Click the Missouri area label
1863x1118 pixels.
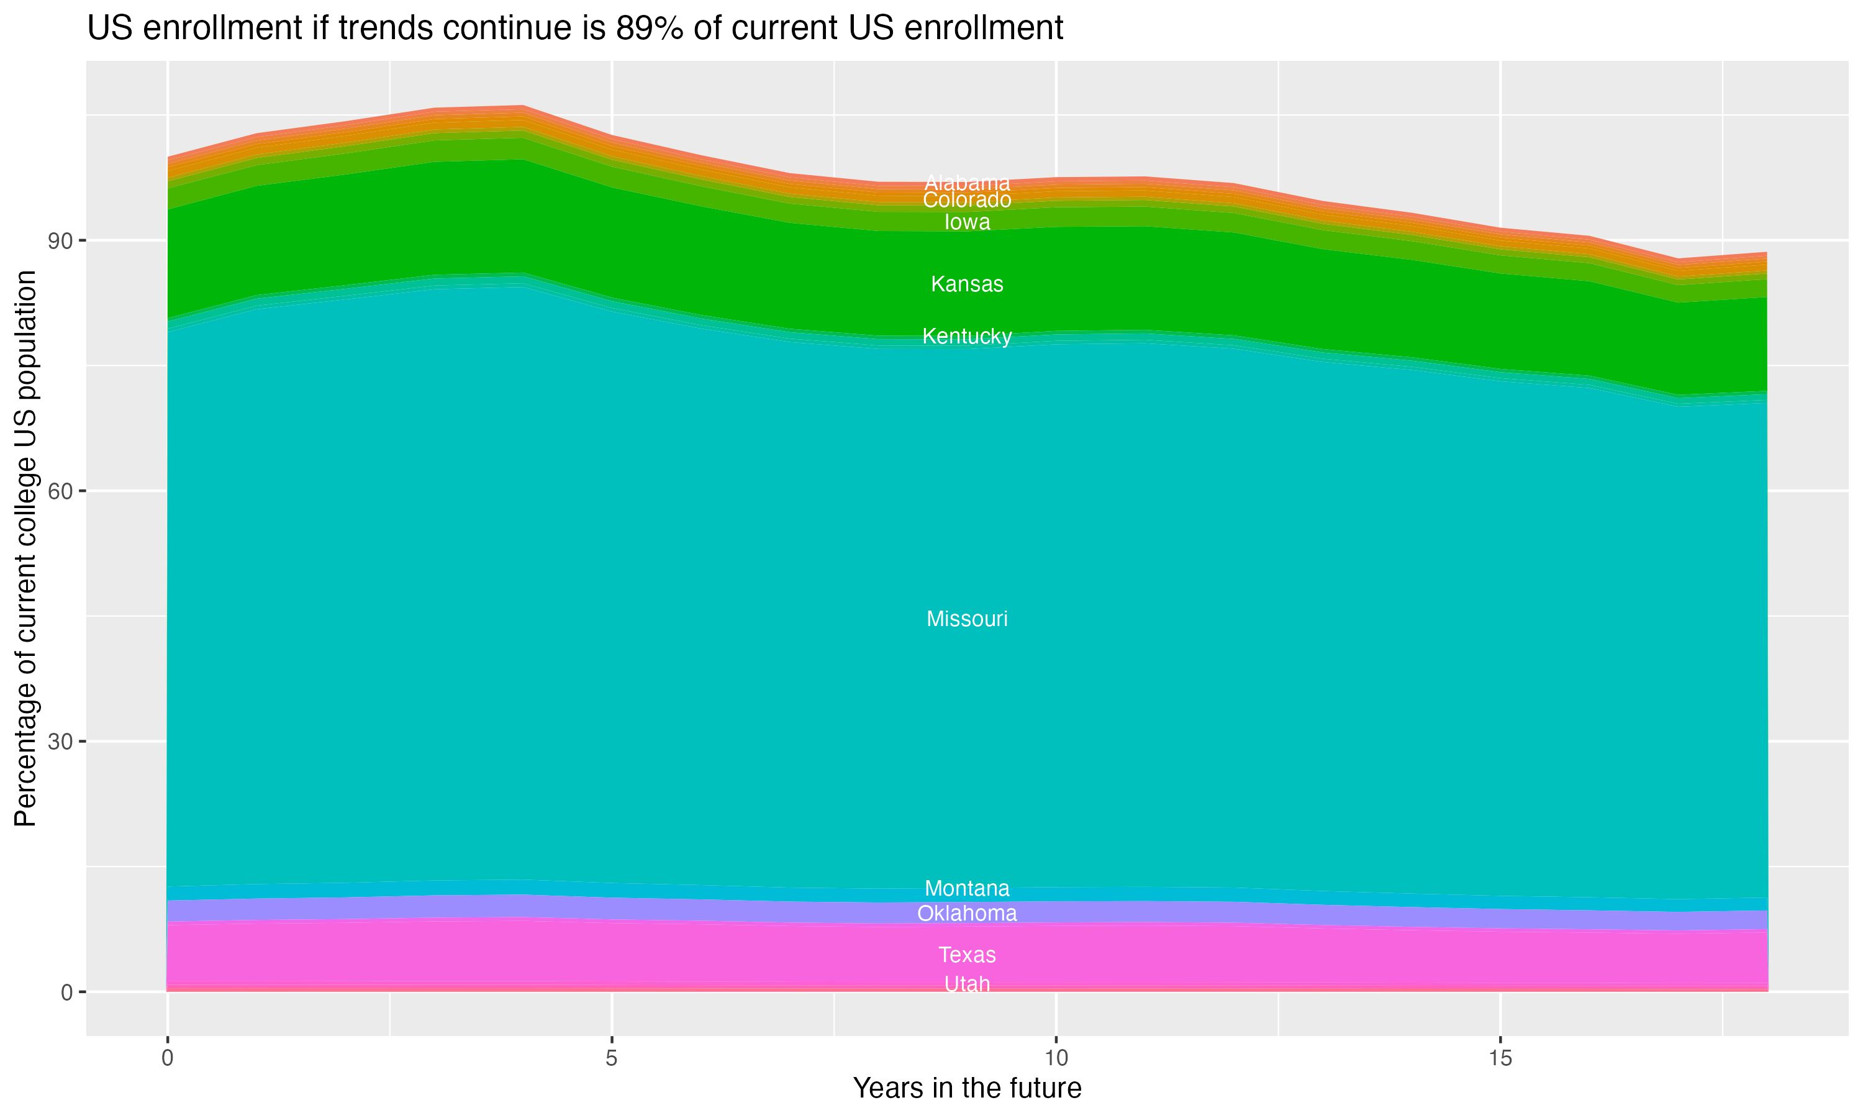pyautogui.click(x=967, y=619)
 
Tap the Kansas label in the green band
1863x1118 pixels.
pyautogui.click(x=967, y=284)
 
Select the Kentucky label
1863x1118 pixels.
pyautogui.click(x=967, y=337)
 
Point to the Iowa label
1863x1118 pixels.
pyautogui.click(x=967, y=222)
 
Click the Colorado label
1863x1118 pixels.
pyautogui.click(x=967, y=201)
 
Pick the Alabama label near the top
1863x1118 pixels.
pyautogui.click(x=967, y=183)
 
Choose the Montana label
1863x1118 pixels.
pyautogui.click(x=967, y=888)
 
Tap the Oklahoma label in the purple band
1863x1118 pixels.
pyautogui.click(x=967, y=914)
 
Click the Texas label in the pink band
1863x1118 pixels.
pyautogui.click(x=967, y=955)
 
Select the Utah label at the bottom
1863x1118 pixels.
pyautogui.click(x=967, y=984)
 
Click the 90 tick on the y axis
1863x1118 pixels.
pyautogui.click(x=60, y=241)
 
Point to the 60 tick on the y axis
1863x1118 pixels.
pyautogui.click(x=60, y=491)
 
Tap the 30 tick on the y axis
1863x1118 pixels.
pyautogui.click(x=60, y=742)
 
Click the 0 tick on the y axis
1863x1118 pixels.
pyautogui.click(x=67, y=992)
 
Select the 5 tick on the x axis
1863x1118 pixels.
pyautogui.click(x=612, y=1058)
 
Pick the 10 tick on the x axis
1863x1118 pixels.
pyautogui.click(x=1056, y=1058)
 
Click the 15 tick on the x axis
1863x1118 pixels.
pyautogui.click(x=1500, y=1058)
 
